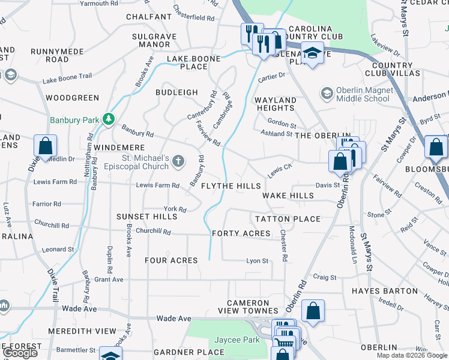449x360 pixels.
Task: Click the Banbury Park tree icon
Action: (109, 119)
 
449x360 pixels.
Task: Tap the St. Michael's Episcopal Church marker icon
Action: (178, 161)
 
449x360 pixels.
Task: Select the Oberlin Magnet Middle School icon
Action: (327, 93)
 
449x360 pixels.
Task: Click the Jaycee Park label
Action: (240, 340)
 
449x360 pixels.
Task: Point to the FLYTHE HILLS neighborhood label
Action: (231, 186)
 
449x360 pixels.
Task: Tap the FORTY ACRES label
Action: (242, 233)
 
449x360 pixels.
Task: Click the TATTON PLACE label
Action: (288, 219)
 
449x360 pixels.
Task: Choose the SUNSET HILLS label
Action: (147, 216)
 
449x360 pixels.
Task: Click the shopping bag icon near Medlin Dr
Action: (46, 146)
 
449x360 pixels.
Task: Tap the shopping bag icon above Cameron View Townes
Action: (313, 311)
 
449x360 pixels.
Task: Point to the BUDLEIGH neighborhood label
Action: (176, 92)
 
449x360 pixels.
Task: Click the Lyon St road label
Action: (257, 261)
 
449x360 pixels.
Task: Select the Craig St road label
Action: (325, 277)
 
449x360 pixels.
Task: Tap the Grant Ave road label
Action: (109, 280)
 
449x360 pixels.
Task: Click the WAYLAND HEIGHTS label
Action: (275, 104)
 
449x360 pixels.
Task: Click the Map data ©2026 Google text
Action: (412, 355)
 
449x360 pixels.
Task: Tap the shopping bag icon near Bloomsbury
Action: (435, 147)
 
